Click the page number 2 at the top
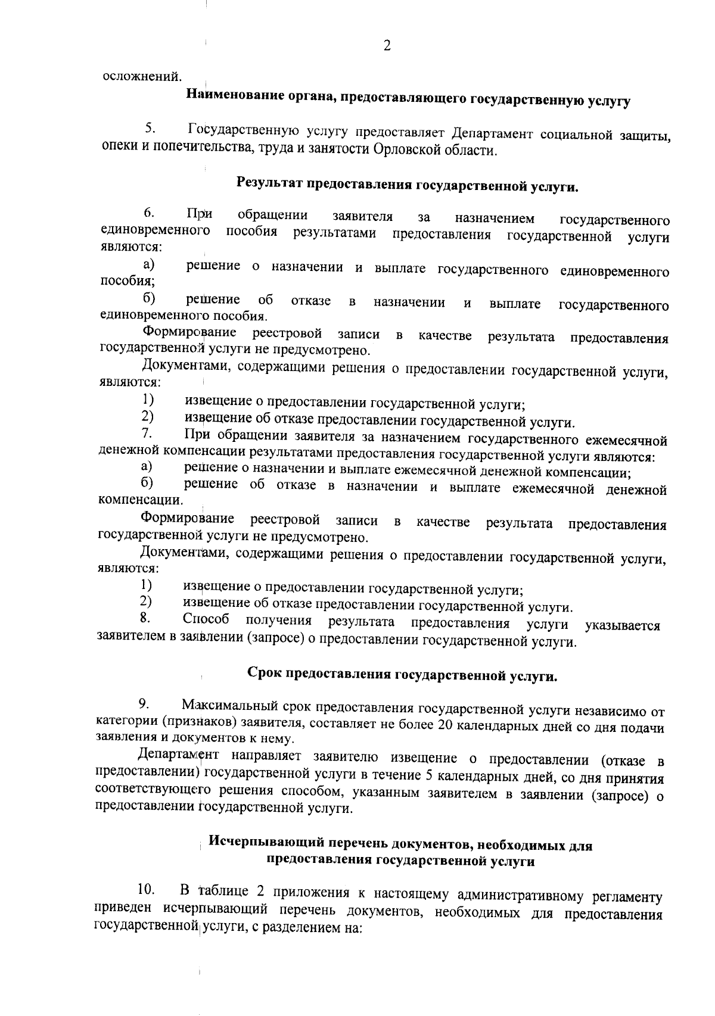tap(387, 46)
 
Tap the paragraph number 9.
tap(144, 703)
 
